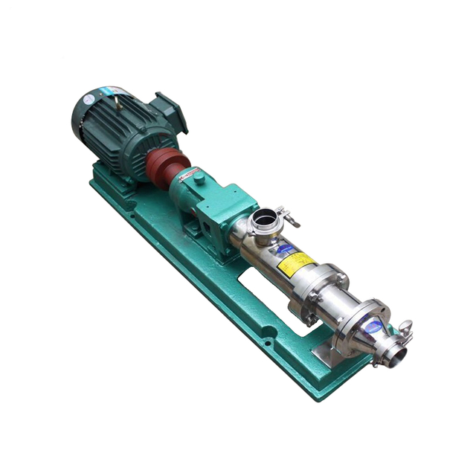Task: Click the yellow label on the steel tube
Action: point(295,261)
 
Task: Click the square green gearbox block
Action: point(224,204)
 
